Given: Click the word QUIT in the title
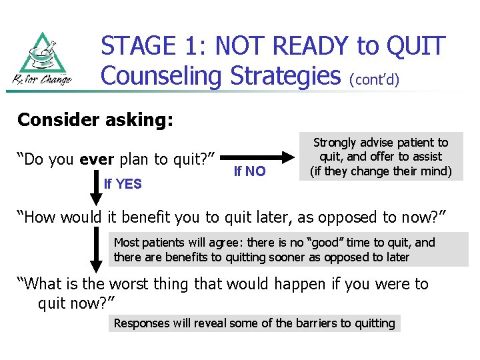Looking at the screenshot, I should (x=415, y=46).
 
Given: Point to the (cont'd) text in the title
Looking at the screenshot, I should (x=374, y=79).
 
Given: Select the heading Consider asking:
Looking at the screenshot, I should (x=95, y=120).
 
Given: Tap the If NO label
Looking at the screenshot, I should (x=250, y=171).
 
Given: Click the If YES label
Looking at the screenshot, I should (x=123, y=184).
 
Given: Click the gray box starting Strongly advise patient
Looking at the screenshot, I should (x=381, y=157).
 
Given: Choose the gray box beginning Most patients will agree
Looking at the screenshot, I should (x=288, y=249).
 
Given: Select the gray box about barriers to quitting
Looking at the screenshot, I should (x=254, y=323).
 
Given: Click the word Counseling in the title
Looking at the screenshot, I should (x=161, y=75).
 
